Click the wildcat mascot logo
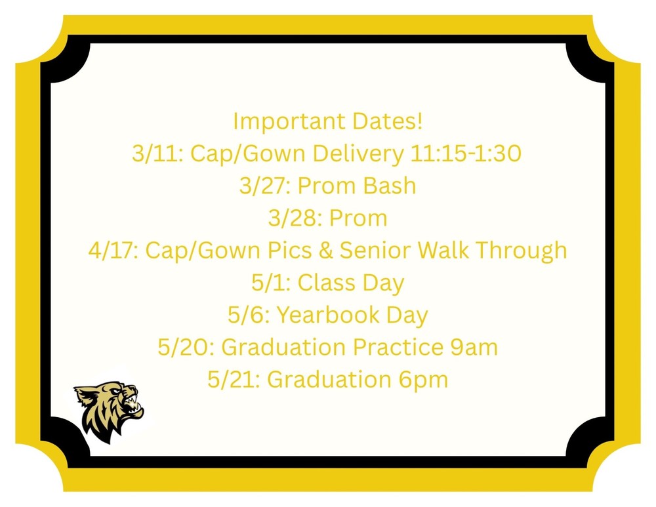tap(109, 412)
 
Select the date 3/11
tap(152, 154)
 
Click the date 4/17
tap(111, 251)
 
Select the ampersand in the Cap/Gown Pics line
tap(324, 251)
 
